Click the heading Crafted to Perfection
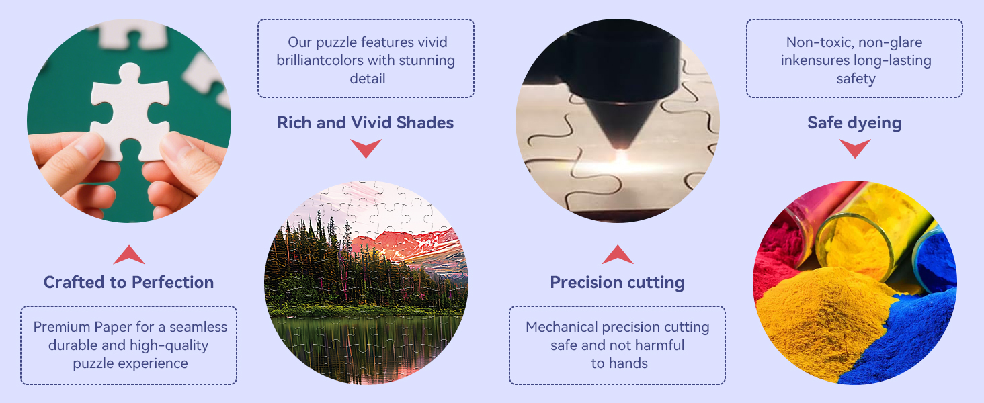point(128,282)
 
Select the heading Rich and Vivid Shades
point(366,122)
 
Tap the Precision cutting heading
point(617,283)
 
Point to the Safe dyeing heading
point(854,123)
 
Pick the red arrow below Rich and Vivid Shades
point(366,148)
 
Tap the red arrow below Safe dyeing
point(855,148)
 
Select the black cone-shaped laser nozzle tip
point(620,124)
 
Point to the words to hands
point(620,363)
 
